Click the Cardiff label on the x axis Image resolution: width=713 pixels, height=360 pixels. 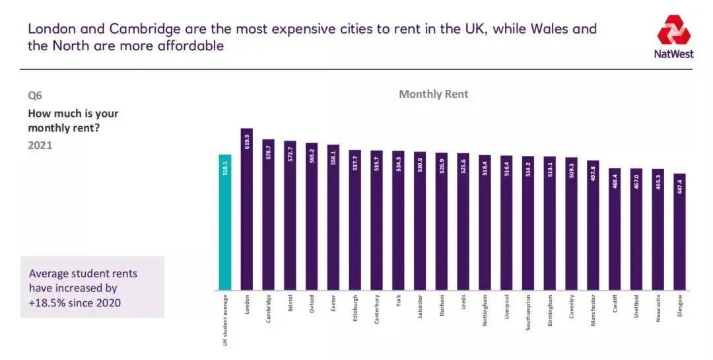click(x=615, y=305)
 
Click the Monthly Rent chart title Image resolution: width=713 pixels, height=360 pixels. click(x=433, y=94)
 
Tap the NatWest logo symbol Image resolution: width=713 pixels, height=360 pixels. click(x=673, y=30)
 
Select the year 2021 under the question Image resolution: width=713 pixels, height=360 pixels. click(x=40, y=145)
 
